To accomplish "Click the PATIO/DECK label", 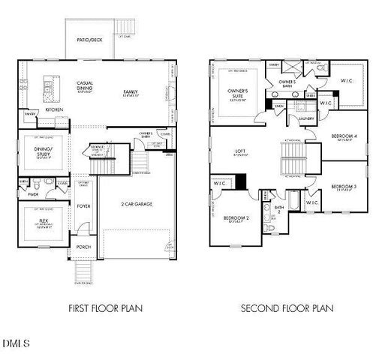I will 89,40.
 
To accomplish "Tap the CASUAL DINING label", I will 84,86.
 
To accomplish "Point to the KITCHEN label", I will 53,109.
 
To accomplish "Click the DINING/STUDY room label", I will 43,152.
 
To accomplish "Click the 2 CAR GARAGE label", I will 137,204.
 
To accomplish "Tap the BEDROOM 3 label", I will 343,186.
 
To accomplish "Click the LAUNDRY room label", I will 305,118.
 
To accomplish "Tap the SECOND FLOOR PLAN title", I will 287,307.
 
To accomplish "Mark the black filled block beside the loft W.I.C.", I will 241,181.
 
